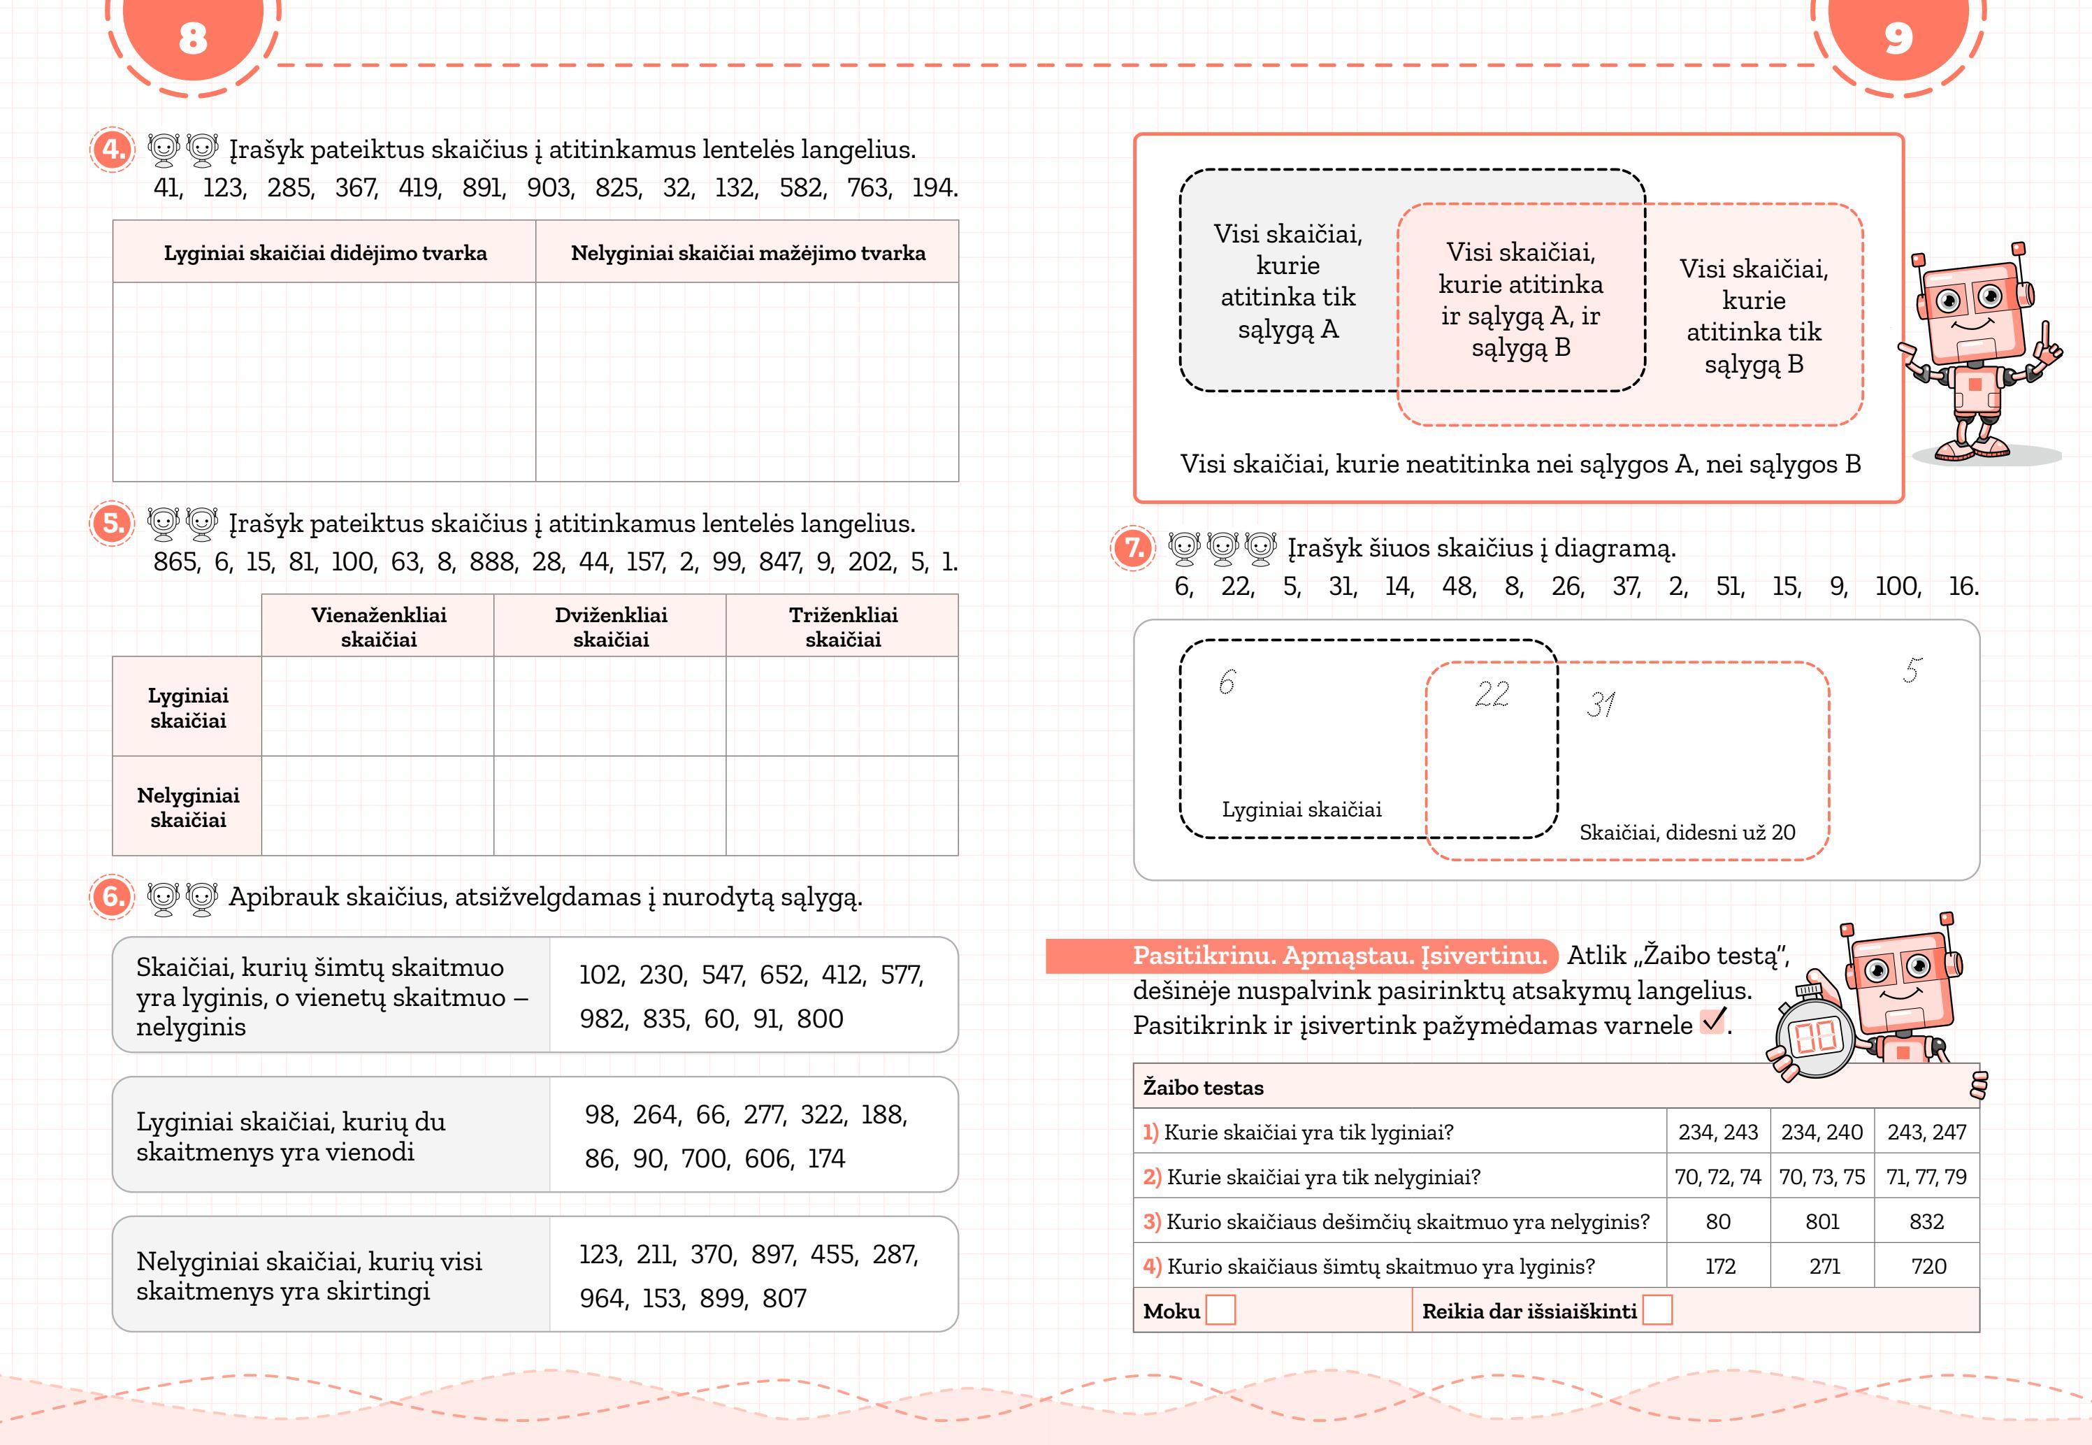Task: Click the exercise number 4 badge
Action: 113,150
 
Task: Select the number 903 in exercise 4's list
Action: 549,187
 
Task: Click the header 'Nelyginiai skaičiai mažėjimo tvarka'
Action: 748,252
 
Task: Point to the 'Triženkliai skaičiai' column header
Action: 843,626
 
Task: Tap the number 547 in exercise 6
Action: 721,975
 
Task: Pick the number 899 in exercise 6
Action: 722,1298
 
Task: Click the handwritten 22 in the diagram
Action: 1492,694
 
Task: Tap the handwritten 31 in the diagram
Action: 1601,705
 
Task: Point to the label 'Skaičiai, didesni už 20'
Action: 1687,832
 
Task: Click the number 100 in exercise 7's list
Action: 1896,587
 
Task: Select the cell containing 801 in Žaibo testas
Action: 1822,1221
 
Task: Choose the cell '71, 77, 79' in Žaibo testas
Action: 1926,1177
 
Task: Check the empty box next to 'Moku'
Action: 1221,1310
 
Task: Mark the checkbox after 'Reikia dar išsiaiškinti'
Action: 1657,1310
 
